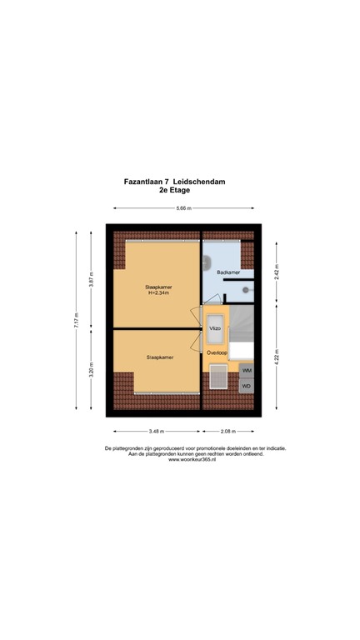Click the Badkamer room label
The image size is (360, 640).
coord(227,272)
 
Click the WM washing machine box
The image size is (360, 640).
coord(247,371)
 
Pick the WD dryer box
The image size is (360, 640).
coord(247,387)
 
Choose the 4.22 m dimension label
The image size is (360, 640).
coord(276,362)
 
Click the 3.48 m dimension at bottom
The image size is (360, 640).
coord(156,432)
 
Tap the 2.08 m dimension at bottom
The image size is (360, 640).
coord(227,432)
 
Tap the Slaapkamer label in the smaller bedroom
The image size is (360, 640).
coord(159,357)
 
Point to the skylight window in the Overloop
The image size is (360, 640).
coord(221,377)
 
